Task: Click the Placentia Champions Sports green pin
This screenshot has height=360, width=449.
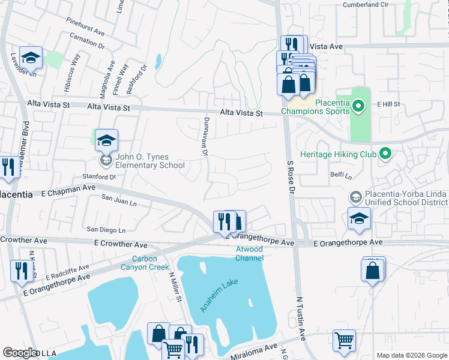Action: [x=358, y=107]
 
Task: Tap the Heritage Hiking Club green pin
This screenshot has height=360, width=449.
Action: [x=385, y=154]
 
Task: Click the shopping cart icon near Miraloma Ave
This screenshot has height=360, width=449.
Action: [x=345, y=340]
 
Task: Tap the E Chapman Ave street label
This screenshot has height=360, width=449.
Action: [x=68, y=188]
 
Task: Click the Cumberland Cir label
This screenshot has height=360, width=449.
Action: [x=370, y=5]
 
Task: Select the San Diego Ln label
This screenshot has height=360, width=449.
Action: [x=106, y=230]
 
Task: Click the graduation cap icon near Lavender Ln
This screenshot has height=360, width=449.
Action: [x=31, y=58]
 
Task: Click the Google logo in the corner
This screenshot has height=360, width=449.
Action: [x=20, y=352]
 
